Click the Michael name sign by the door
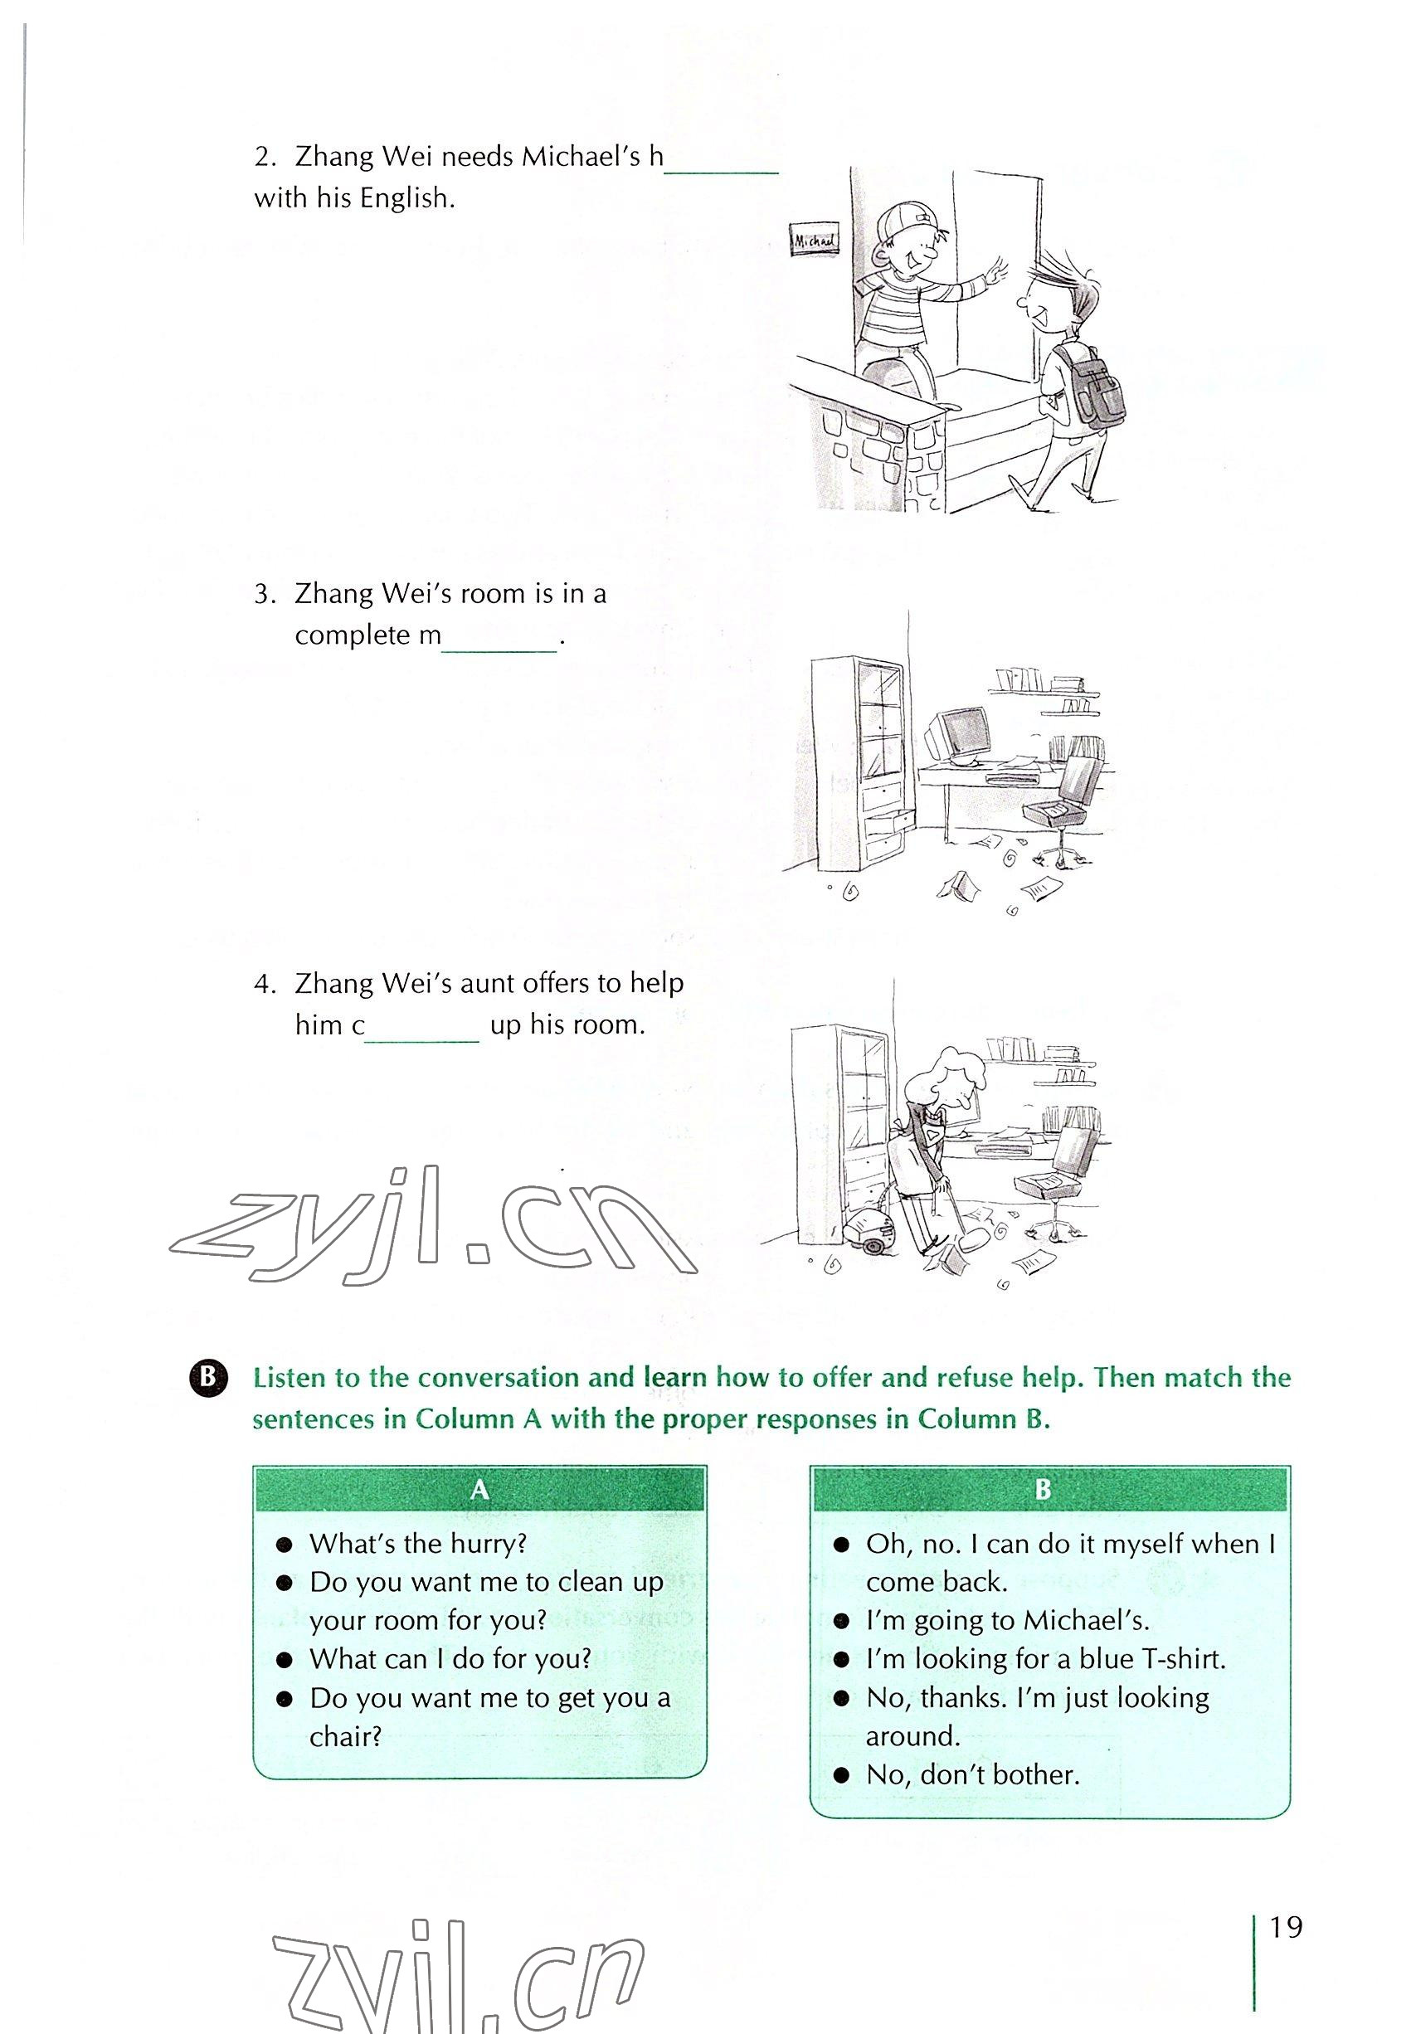click(x=813, y=239)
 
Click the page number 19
click(x=1285, y=1927)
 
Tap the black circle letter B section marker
click(x=208, y=1378)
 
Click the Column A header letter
click(x=479, y=1489)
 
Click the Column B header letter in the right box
click(x=1043, y=1489)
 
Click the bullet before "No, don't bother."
click(x=842, y=1775)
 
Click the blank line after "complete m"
click(x=499, y=645)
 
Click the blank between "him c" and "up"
click(x=421, y=1034)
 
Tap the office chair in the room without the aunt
click(x=1063, y=806)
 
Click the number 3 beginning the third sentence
click(x=264, y=595)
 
